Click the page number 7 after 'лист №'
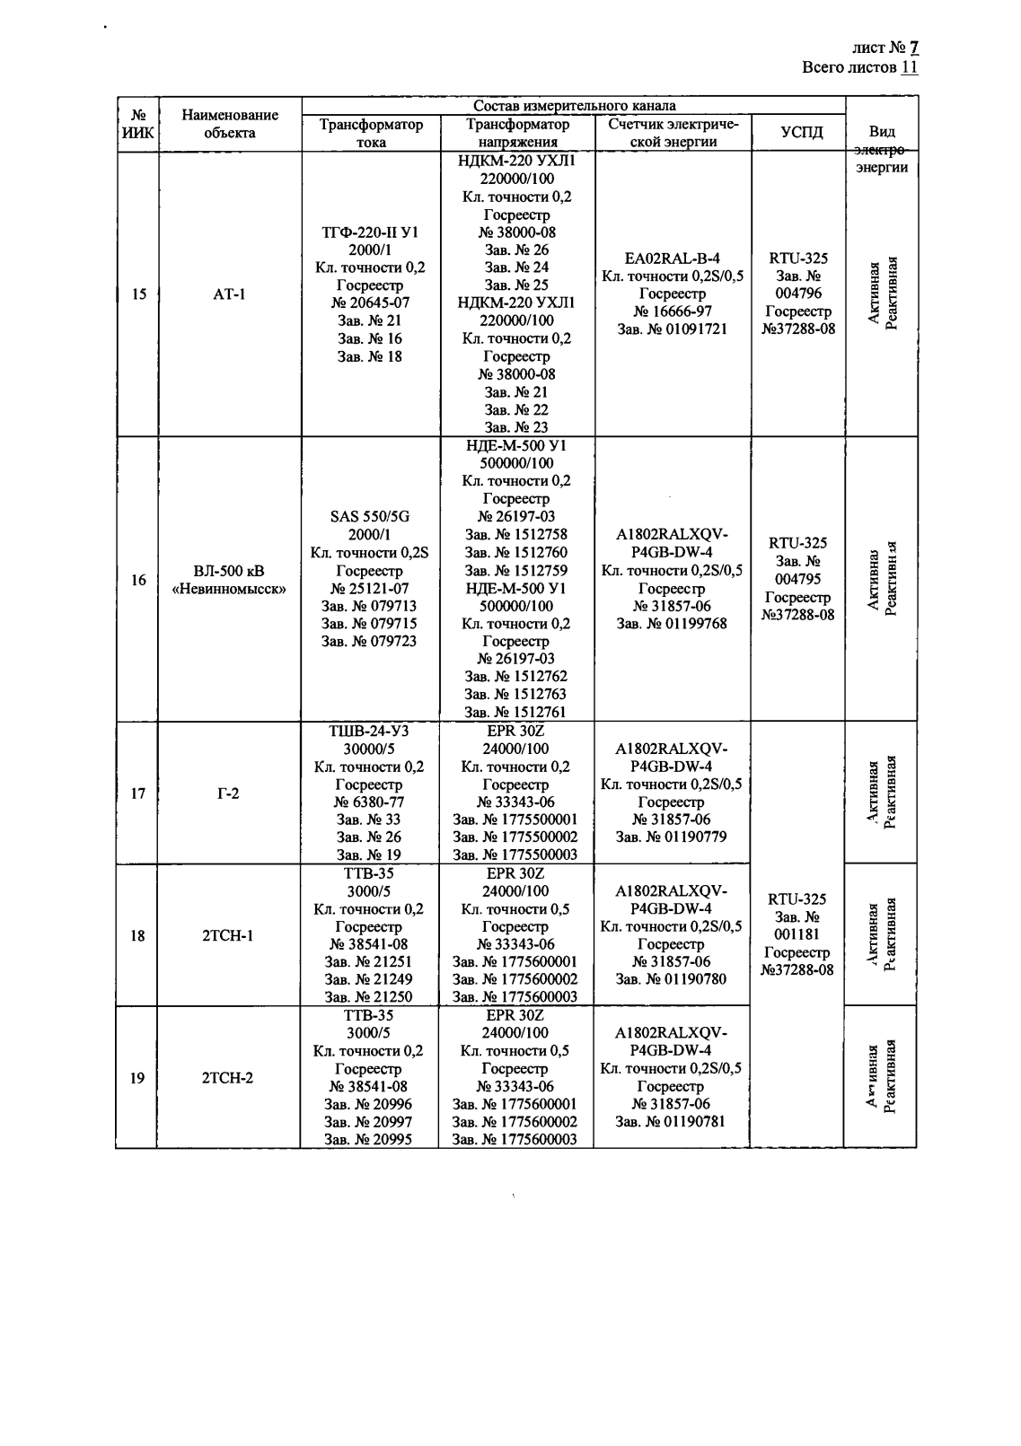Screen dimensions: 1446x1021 (913, 49)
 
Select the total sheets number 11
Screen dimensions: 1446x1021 (909, 68)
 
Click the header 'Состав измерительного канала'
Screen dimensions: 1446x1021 (574, 106)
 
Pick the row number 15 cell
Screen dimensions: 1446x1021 (138, 294)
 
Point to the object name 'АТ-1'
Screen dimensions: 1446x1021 (229, 294)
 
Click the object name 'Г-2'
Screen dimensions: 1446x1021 (229, 793)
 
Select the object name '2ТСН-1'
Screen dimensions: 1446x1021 (229, 935)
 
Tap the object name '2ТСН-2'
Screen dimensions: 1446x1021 (229, 1078)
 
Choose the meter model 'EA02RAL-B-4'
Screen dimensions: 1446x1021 (672, 259)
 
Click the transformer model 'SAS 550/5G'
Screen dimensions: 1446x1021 (369, 517)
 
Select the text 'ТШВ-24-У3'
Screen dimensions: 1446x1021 (369, 732)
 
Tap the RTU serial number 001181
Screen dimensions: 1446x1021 (797, 934)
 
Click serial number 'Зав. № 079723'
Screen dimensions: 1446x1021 (369, 642)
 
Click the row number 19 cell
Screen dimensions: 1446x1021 (137, 1078)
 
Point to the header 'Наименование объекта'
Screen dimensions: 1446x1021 (229, 124)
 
